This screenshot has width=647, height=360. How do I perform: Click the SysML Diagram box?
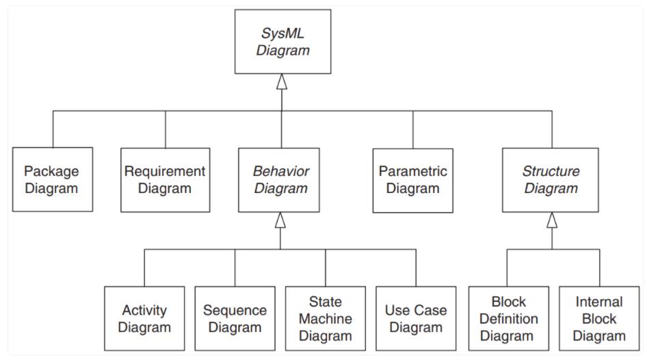tap(282, 42)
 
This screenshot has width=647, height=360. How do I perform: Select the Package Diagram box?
tap(53, 179)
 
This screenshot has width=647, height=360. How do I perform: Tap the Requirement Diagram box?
tap(165, 179)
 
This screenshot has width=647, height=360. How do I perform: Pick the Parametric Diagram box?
tap(412, 180)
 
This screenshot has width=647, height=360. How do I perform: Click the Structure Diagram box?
tap(551, 179)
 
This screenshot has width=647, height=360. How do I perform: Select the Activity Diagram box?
tap(144, 318)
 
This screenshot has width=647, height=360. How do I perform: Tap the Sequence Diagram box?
tap(235, 318)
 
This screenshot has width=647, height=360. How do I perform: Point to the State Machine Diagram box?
tap(325, 318)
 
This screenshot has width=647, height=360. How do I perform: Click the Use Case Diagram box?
tap(415, 318)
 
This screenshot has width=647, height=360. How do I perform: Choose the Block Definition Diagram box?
tap(508, 318)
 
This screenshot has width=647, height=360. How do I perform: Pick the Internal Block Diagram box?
tap(599, 318)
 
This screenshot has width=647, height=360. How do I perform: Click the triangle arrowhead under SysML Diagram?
tap(282, 81)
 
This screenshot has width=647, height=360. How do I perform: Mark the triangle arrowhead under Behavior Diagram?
tap(280, 220)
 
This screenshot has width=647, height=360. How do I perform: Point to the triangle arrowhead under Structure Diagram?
tap(551, 220)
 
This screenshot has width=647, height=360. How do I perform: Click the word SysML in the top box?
tap(282, 34)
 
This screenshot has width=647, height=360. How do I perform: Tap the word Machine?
tap(325, 318)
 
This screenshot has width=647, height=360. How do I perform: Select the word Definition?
tap(508, 318)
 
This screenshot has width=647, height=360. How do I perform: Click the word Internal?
tap(599, 302)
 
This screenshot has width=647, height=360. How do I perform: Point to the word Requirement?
tap(165, 171)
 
